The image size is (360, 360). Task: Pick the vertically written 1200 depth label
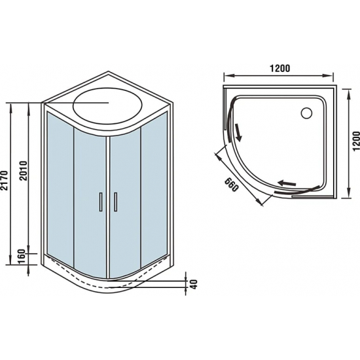click(355, 140)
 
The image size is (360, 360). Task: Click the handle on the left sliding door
click(101, 201)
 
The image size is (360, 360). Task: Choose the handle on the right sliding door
click(115, 201)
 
